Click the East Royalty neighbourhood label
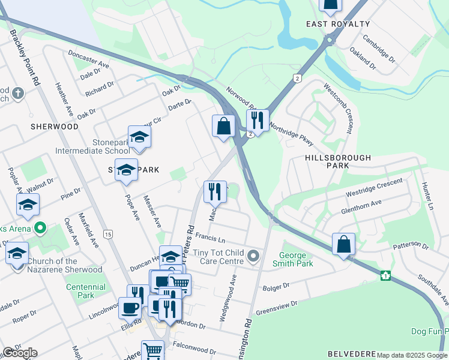[x=338, y=24]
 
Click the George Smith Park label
[x=292, y=259]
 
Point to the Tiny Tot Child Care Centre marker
[x=254, y=257]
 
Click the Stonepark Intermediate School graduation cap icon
[x=139, y=137]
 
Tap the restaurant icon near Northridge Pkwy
[x=258, y=121]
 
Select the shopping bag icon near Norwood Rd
[x=223, y=127]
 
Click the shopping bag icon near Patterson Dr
[x=343, y=244]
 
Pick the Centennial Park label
[x=85, y=291]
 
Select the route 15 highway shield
[x=108, y=233]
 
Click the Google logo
[x=20, y=353]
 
